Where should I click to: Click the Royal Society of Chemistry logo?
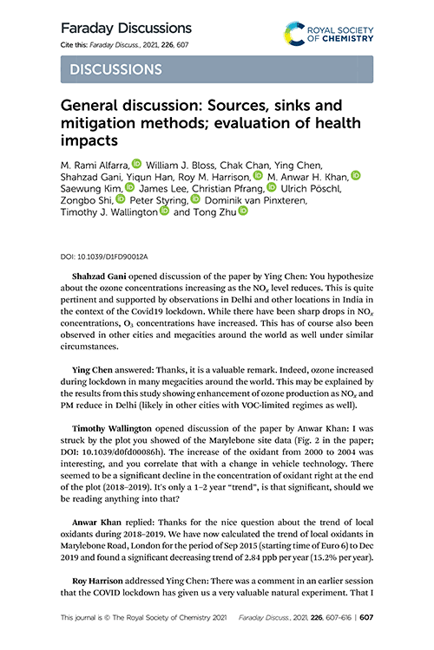tap(329, 34)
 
